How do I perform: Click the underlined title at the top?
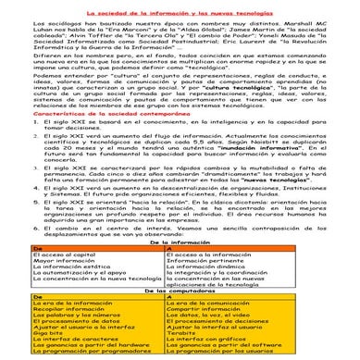(180, 6)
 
